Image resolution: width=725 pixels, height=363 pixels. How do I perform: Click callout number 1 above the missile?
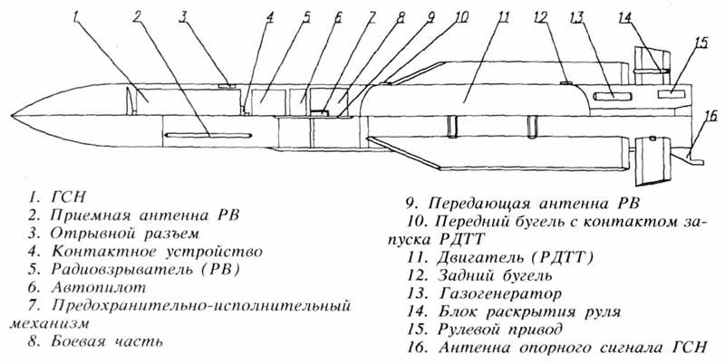(x=78, y=15)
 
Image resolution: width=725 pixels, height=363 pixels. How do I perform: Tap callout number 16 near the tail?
(x=711, y=115)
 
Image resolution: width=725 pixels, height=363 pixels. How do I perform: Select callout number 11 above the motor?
(x=503, y=15)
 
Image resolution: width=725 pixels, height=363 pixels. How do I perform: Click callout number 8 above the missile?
(x=400, y=15)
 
